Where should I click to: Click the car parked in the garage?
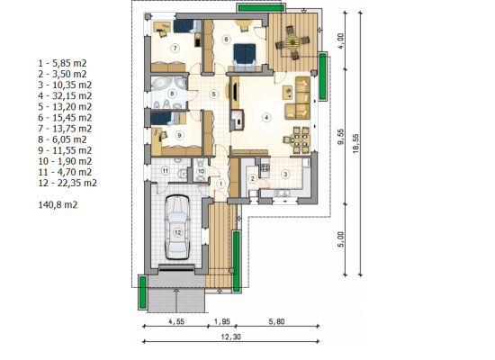pos(177,228)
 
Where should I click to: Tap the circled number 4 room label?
pos(266,118)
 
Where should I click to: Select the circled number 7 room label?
pos(175,48)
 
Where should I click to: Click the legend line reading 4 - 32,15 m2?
pos(65,95)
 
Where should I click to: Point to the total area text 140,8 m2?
pos(58,204)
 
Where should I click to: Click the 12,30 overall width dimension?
pos(230,337)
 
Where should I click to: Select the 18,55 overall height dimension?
pos(356,143)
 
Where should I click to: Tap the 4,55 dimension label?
pos(176,321)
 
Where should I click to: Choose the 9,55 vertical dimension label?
pos(341,137)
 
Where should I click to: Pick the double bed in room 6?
pos(245,56)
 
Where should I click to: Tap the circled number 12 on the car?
pos(177,233)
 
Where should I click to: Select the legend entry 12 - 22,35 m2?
pos(67,183)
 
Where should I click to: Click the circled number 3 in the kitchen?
pos(285,174)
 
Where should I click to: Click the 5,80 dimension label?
pos(276,321)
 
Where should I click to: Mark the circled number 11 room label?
pos(166,171)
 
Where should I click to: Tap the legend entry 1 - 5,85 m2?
pos(62,63)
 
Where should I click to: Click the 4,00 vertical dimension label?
pos(341,40)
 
